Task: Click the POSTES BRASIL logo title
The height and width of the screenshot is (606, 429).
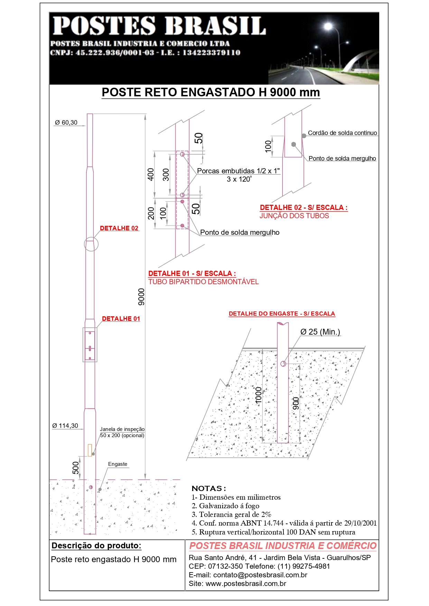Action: [x=159, y=26]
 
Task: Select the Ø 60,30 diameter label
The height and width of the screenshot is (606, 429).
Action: [x=66, y=123]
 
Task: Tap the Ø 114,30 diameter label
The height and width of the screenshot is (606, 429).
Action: [x=65, y=426]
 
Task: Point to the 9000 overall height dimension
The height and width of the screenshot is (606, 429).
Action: [x=141, y=297]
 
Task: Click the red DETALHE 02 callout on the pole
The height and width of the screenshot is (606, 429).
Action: [x=119, y=228]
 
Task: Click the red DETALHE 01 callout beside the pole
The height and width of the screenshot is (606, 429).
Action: [x=121, y=319]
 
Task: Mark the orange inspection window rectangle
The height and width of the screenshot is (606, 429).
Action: [x=90, y=450]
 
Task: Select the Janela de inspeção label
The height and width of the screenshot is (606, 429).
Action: [x=122, y=429]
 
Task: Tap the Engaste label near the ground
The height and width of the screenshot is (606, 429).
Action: [x=118, y=464]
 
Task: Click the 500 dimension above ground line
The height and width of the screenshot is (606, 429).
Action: [x=76, y=468]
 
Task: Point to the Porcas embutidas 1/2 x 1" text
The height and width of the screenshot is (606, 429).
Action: [x=238, y=171]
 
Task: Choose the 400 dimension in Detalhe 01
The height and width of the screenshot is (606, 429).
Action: [x=151, y=174]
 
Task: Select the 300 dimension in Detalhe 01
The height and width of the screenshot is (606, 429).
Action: [x=166, y=174]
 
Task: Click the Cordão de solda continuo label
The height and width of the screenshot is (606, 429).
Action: [x=342, y=133]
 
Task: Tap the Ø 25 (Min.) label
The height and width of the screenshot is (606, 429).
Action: [x=320, y=332]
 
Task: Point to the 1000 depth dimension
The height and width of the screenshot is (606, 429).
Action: [x=259, y=395]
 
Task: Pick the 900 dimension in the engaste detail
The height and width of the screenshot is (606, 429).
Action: [x=296, y=403]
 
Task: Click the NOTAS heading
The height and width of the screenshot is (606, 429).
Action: [x=209, y=488]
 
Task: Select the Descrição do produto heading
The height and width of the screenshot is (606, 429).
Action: [x=96, y=546]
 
